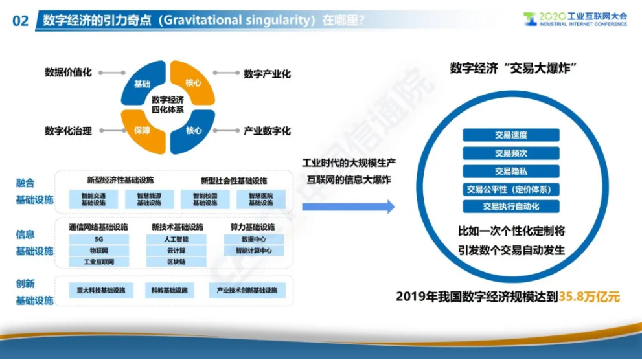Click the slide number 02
coord(20,21)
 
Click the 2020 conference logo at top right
coord(575,19)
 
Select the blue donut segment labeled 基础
coord(142,84)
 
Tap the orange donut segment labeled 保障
coord(142,130)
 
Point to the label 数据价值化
coord(68,73)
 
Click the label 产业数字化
coord(267,131)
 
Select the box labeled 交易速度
coord(510,135)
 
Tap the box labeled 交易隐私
coord(510,172)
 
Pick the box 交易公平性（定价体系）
coord(510,190)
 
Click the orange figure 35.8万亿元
coord(590,298)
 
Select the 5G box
coord(98,239)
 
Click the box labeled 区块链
coord(176,262)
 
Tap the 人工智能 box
coord(176,239)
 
